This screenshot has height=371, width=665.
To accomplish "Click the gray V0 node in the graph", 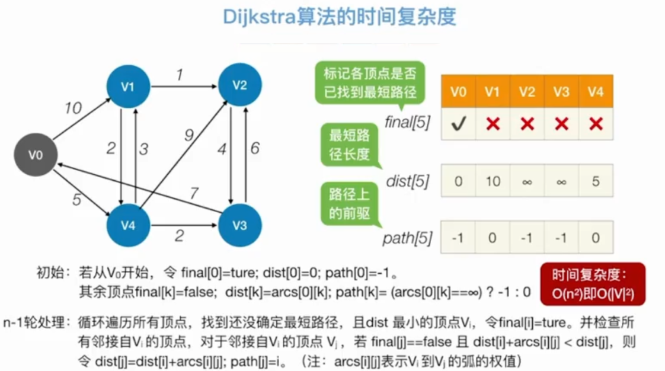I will point(36,156).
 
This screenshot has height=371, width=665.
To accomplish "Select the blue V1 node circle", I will point(128,87).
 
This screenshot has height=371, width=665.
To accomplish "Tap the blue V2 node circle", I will point(240,85).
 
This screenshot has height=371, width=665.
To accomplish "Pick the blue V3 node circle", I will point(240,226).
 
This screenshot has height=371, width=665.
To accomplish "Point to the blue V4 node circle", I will point(128,226).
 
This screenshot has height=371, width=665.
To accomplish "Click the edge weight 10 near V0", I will point(73,108).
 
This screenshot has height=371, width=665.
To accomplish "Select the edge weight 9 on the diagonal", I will point(188,136).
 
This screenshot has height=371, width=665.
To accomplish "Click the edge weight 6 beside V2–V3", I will point(255,148).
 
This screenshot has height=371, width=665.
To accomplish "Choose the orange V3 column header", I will point(561,92).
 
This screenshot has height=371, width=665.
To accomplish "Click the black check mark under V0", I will point(458,124).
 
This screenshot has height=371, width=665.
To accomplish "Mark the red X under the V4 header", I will point(596,124).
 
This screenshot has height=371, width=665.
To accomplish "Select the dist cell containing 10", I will point(493,181).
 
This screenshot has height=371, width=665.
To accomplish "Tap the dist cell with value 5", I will point(596,181).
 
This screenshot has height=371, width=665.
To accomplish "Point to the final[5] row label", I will point(408,123).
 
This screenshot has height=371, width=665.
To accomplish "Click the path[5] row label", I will point(407,239).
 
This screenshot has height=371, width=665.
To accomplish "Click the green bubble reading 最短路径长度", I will point(350,144).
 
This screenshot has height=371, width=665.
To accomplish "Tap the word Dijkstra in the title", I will point(259,17).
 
